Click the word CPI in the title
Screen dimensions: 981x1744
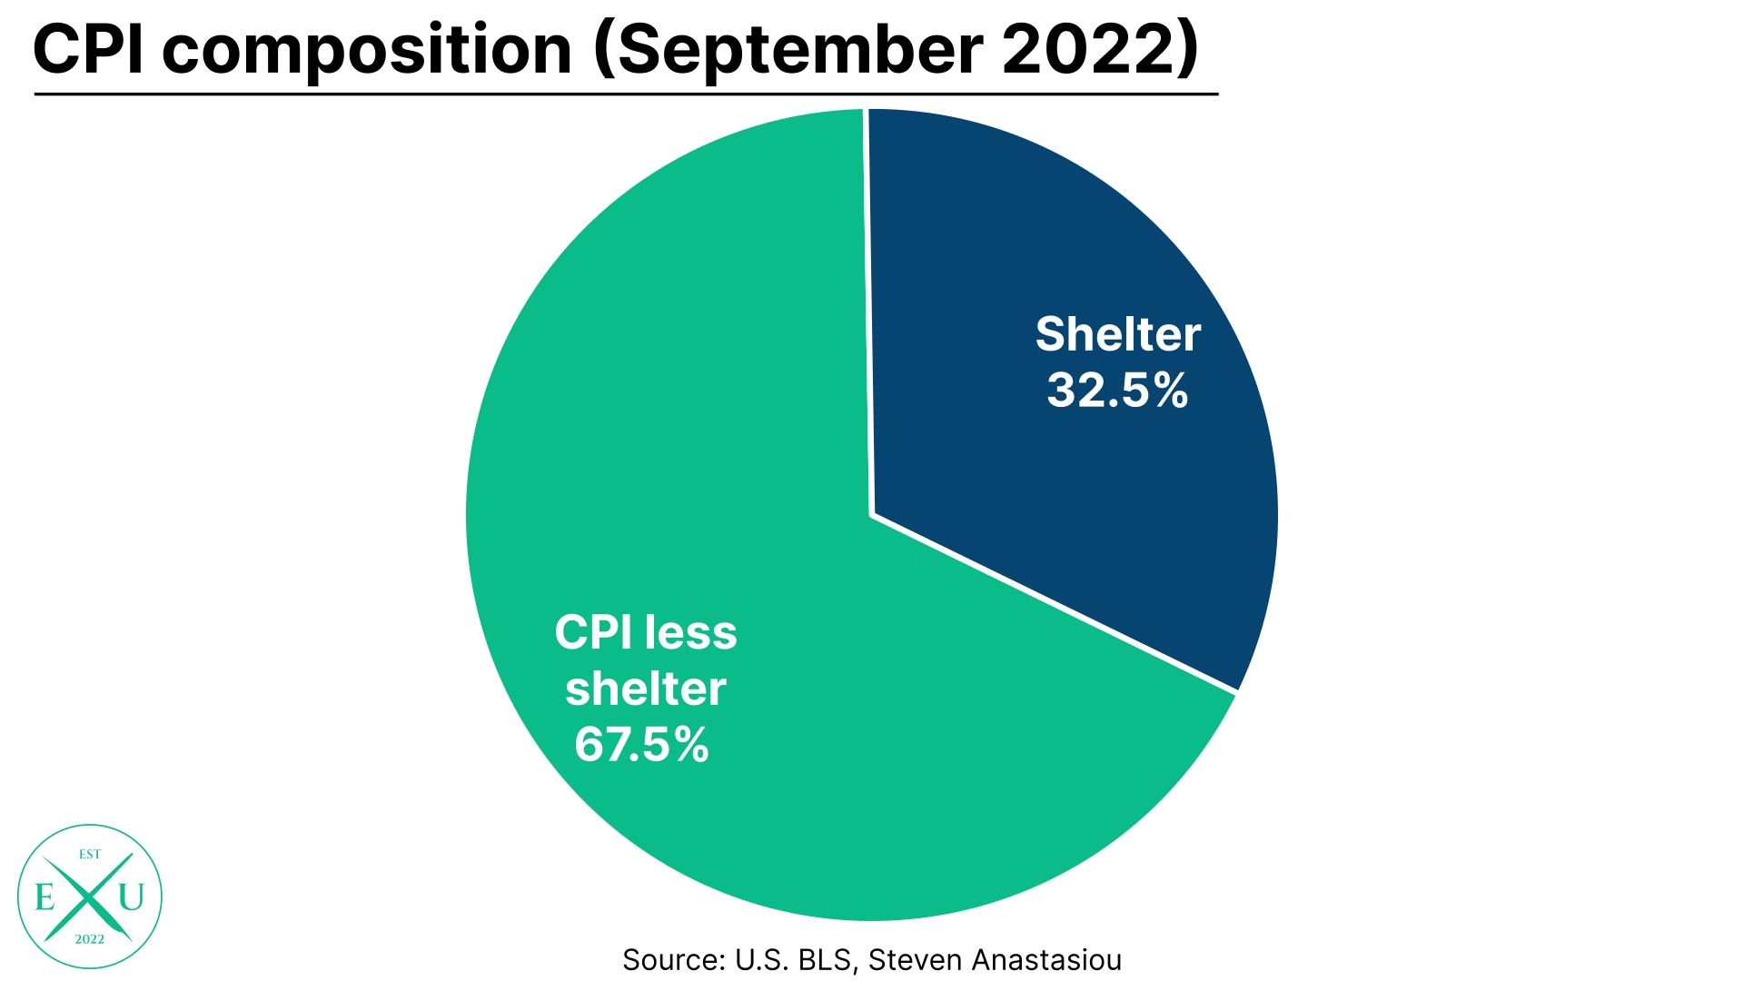[88, 50]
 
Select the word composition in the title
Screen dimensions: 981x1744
[367, 52]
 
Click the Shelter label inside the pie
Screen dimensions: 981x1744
[1117, 334]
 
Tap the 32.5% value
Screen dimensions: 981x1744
[1117, 391]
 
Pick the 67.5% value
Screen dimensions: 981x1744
[641, 745]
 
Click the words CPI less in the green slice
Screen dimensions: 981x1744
[645, 632]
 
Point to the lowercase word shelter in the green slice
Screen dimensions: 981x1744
[645, 689]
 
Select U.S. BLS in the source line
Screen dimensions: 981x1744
[793, 960]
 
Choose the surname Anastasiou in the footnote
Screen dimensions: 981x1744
[1046, 960]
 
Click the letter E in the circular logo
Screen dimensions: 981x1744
[45, 897]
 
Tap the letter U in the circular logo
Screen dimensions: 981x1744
[131, 897]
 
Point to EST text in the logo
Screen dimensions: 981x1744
[90, 855]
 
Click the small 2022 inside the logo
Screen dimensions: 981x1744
[90, 939]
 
